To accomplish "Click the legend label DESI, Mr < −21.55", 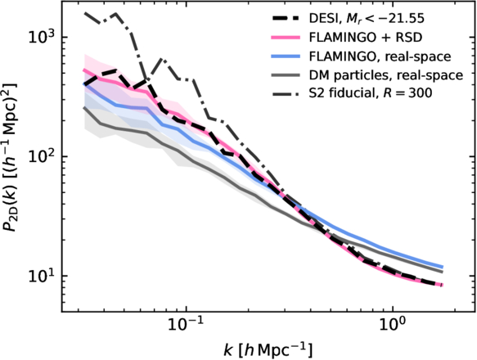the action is coord(367,19).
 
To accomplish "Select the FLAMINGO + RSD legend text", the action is coord(366,38).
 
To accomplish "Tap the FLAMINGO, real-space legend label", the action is coord(380,56).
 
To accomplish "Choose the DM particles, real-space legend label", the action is coord(386,74).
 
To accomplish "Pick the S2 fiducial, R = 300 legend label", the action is coord(371,93).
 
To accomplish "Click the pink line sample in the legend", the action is coord(286,38).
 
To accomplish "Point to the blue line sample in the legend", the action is coord(286,56).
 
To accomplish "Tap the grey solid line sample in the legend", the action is coord(286,74).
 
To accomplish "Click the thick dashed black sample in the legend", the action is coord(286,19).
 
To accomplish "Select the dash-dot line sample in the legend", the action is coord(286,93).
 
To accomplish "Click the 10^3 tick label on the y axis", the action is coord(40,36).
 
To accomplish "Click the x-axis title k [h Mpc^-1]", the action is coord(268,350).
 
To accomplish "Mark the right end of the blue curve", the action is coord(443,267).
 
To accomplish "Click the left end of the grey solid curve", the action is coord(84,107).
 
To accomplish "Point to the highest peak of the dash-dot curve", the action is coord(115,14).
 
